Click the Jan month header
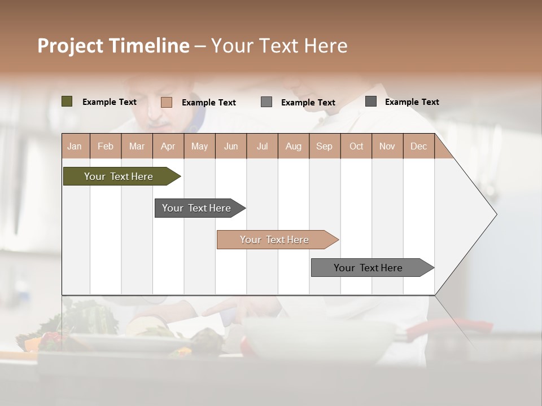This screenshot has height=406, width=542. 75,146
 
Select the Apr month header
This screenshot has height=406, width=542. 168,146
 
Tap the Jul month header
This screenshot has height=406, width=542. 262,146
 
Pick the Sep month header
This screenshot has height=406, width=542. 324,146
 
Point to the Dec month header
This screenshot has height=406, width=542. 418,146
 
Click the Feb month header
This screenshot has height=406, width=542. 106,146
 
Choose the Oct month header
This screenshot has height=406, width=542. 356,146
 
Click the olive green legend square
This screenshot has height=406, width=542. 67,101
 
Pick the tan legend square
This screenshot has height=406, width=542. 166,102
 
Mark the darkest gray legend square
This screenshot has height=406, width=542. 371,101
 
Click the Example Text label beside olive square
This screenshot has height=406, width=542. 110,102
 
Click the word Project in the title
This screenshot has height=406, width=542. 70,46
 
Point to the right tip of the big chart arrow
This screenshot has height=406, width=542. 496,214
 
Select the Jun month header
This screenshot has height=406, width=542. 231,146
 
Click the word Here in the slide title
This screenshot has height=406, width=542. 325,46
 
